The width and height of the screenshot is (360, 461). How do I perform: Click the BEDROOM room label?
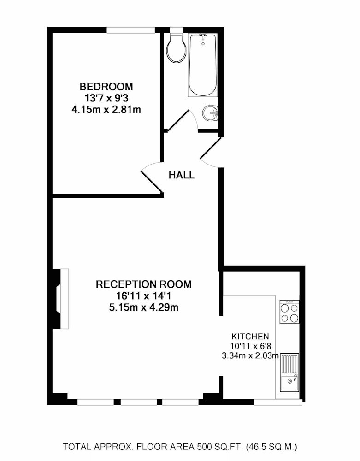coord(106,87)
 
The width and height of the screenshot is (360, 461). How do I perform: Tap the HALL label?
coord(181,175)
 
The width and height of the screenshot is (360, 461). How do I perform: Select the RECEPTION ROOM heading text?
coord(144,284)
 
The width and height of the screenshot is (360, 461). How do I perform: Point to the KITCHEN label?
coord(250,337)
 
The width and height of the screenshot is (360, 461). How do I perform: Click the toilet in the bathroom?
coord(177,47)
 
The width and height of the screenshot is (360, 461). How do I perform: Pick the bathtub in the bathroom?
coord(203,65)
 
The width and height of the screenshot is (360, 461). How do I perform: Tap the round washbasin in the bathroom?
coord(210,113)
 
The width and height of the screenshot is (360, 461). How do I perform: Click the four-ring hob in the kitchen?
coord(289,312)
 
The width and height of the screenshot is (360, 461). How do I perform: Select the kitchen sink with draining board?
coord(289,373)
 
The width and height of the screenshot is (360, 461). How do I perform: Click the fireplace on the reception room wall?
coord(61,299)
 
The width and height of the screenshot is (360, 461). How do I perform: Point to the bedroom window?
coord(130,30)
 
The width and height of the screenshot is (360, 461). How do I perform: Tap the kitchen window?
coord(278,402)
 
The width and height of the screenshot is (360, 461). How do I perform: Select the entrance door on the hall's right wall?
coord(210,149)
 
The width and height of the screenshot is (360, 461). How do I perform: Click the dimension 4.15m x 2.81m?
coord(106,110)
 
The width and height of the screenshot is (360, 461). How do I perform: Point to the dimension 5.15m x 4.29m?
coord(144,307)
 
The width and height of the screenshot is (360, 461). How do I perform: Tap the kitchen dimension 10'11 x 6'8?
coord(250,346)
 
